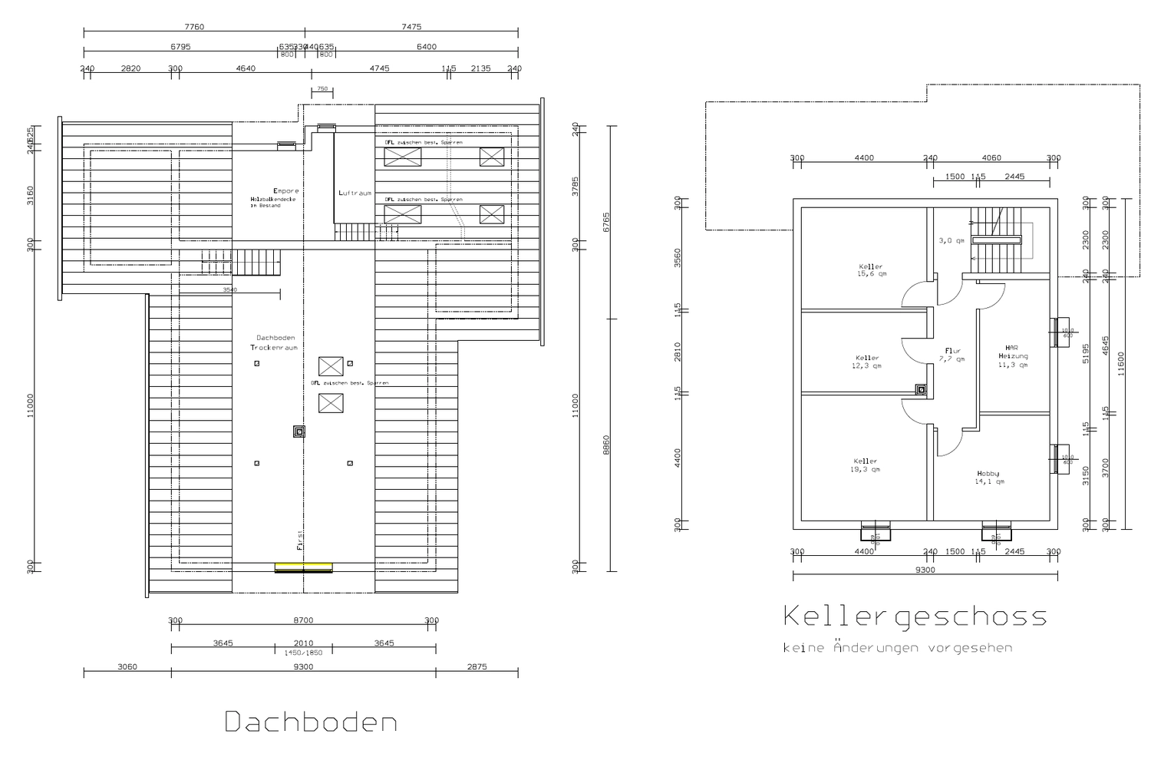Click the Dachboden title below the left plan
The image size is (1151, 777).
click(x=311, y=722)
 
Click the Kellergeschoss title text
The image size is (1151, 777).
click(x=915, y=617)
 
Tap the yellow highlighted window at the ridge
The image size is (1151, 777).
click(x=304, y=567)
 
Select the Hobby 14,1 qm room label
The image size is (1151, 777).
click(x=988, y=478)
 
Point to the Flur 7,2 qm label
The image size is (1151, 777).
click(x=954, y=355)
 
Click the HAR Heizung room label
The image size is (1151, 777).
click(x=1012, y=356)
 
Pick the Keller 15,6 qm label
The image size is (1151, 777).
click(x=872, y=270)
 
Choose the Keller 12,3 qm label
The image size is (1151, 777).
click(x=867, y=362)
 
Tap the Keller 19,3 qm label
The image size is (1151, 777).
click(x=865, y=465)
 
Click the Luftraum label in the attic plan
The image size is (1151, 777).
click(x=355, y=193)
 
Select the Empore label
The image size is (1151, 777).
click(x=285, y=191)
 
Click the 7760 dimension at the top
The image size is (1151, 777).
click(x=195, y=27)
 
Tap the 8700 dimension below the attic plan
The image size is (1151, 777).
click(x=303, y=620)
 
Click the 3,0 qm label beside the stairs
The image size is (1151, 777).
click(x=951, y=240)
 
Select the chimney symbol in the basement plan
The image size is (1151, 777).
click(x=921, y=389)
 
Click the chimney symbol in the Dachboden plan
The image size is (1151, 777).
click(x=298, y=431)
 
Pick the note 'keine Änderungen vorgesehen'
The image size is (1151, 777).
click(x=897, y=648)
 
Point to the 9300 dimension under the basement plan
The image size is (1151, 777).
click(x=925, y=570)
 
